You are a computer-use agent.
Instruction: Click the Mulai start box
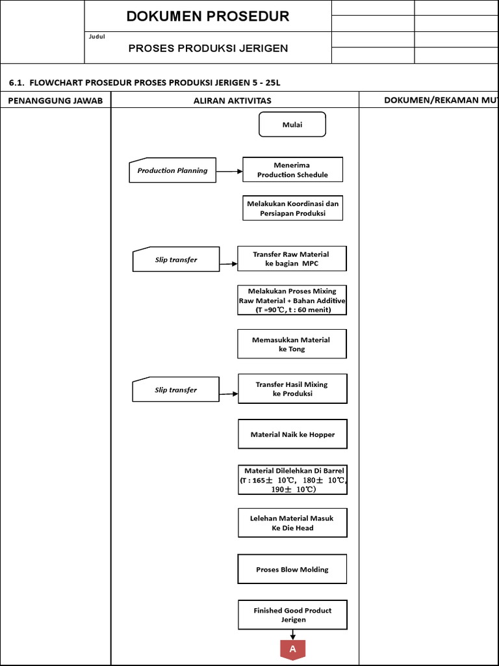coord(292,125)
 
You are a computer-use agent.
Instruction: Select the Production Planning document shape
coord(172,170)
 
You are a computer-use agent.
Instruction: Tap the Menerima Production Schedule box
coord(292,170)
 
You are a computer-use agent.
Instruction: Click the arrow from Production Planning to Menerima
coord(229,171)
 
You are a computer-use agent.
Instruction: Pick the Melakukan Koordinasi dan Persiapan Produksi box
coord(292,208)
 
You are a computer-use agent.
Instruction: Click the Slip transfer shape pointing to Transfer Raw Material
coord(175,260)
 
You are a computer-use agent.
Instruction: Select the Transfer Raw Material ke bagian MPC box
coord(292,258)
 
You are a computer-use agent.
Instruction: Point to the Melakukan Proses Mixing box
coord(292,300)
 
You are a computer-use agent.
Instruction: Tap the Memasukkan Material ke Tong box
coord(292,344)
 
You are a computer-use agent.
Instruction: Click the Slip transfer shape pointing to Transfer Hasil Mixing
coord(175,390)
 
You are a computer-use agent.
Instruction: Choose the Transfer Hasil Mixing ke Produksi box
coord(292,389)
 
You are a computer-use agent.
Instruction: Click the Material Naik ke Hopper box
coord(292,434)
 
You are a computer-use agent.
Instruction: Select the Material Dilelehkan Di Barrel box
coord(292,480)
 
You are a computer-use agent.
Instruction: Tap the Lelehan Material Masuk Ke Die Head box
coord(292,523)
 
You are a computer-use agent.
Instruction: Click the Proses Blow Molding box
coord(292,569)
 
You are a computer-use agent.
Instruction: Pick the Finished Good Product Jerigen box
coord(292,615)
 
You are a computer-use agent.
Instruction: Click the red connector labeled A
coord(292,649)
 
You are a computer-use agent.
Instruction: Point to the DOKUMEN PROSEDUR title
coord(208,16)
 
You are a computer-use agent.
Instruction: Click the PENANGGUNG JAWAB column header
coord(55,100)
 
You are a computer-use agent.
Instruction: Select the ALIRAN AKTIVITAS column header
coord(232,100)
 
